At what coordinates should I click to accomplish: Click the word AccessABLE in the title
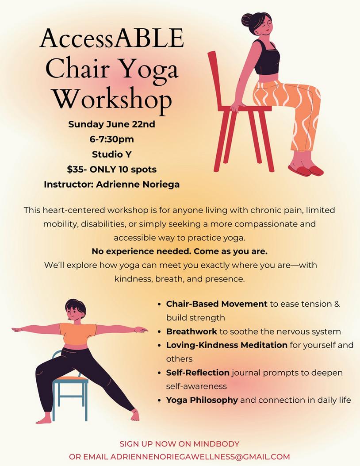(x=112, y=39)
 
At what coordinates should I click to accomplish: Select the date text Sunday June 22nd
(x=112, y=124)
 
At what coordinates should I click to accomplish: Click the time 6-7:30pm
(x=112, y=139)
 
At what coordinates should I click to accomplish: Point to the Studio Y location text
(x=112, y=154)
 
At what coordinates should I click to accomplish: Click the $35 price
(x=73, y=169)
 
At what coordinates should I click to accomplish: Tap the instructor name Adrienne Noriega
(x=138, y=184)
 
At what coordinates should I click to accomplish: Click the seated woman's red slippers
(x=306, y=171)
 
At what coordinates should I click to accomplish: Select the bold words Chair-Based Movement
(x=217, y=304)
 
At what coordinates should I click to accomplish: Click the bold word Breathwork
(x=191, y=331)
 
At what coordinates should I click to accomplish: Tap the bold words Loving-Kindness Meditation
(x=226, y=345)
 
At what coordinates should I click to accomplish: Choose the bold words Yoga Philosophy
(x=202, y=400)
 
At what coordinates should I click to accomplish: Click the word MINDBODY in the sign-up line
(x=216, y=444)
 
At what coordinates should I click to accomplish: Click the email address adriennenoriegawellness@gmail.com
(x=200, y=457)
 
